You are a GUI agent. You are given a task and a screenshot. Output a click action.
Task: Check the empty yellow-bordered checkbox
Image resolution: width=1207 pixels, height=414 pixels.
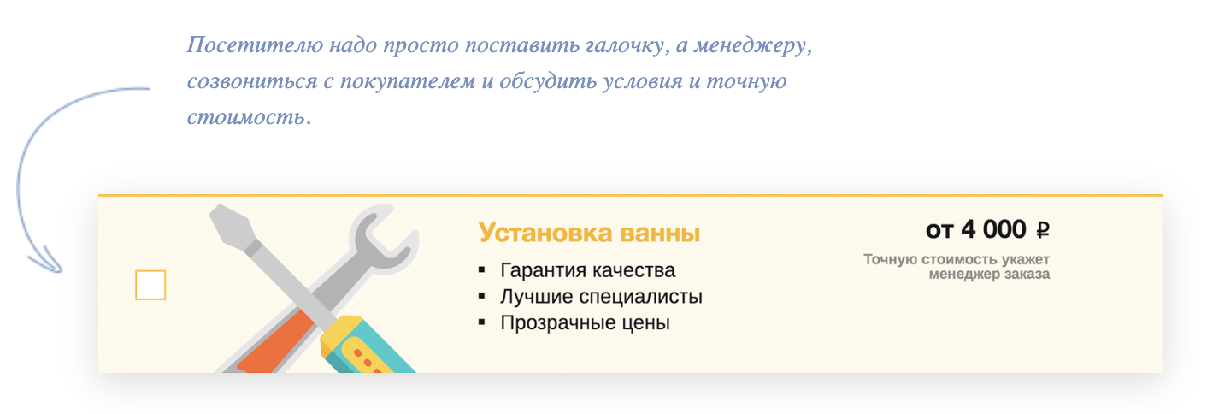click(150, 285)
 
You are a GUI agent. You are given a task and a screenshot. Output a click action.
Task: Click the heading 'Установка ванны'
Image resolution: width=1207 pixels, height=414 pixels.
click(589, 233)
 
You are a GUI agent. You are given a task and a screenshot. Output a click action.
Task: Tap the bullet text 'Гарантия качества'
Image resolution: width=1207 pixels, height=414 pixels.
click(587, 270)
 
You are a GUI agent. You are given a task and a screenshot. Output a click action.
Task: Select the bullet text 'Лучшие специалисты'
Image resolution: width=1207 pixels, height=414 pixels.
click(601, 297)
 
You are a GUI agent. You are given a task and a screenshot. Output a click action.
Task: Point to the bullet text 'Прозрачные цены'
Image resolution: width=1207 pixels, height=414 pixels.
click(586, 322)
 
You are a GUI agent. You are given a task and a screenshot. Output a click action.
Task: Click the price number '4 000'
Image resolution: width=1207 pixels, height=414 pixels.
click(993, 229)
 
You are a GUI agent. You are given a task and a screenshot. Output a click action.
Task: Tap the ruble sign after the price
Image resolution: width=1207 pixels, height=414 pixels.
click(1043, 230)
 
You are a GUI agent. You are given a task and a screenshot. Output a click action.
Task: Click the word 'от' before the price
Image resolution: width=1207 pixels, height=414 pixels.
click(939, 231)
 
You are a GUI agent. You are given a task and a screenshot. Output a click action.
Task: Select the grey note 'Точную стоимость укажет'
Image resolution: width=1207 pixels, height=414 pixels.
click(957, 259)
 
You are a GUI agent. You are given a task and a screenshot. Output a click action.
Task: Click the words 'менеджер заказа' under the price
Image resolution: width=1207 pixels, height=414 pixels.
click(989, 275)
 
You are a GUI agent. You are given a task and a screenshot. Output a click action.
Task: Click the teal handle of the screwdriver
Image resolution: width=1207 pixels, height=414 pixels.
click(372, 347)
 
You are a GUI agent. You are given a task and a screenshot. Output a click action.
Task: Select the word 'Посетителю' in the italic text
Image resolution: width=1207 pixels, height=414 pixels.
click(255, 44)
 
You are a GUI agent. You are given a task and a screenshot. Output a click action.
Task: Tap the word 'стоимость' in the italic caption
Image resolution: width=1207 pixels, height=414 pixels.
click(245, 117)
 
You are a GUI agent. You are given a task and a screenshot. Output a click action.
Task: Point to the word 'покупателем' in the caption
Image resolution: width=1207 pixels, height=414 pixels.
click(408, 81)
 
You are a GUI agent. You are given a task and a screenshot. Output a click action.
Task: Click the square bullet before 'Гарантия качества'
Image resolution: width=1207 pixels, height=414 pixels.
click(482, 270)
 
